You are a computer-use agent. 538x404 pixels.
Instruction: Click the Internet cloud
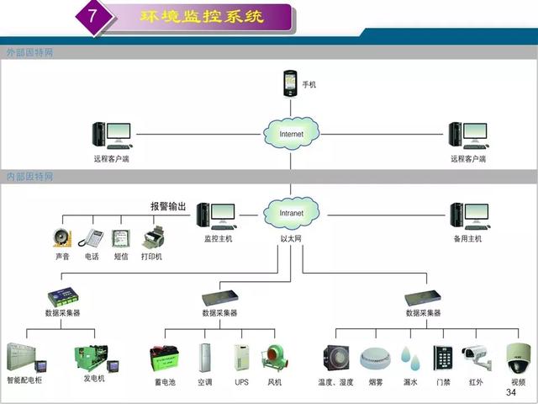pos(291,133)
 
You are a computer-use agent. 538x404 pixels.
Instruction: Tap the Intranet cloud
pos(291,213)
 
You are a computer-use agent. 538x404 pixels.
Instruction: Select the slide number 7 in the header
pos(94,17)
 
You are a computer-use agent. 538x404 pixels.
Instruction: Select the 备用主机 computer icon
pos(467,216)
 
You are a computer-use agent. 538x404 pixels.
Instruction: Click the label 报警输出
pos(168,206)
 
